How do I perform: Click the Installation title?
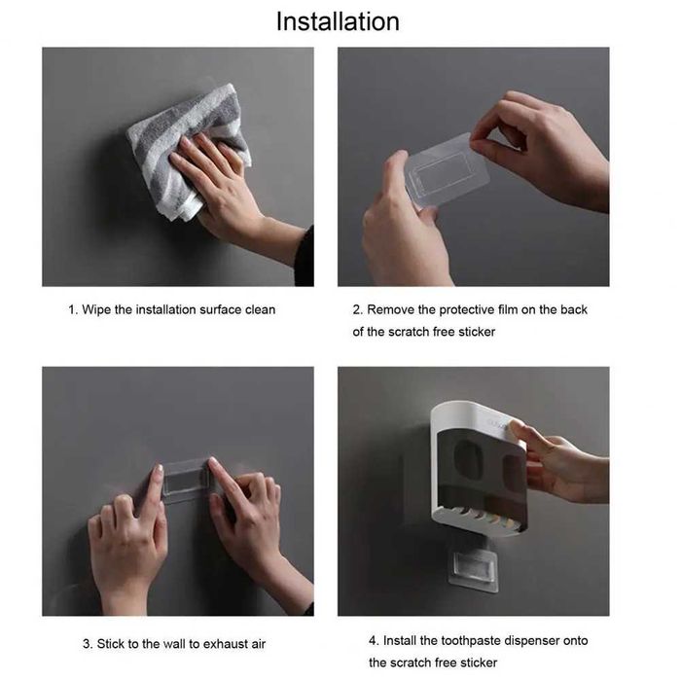338,21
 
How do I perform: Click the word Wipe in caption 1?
96,310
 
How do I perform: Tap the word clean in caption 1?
260,309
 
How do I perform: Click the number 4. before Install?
374,640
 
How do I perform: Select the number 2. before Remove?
357,309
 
